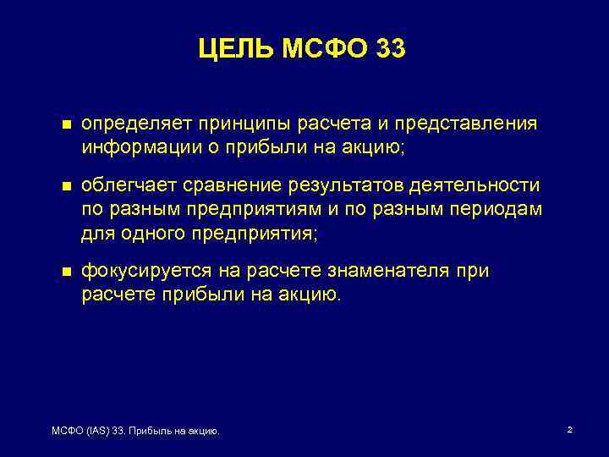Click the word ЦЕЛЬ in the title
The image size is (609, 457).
click(x=235, y=50)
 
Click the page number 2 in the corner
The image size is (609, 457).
click(x=569, y=431)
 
